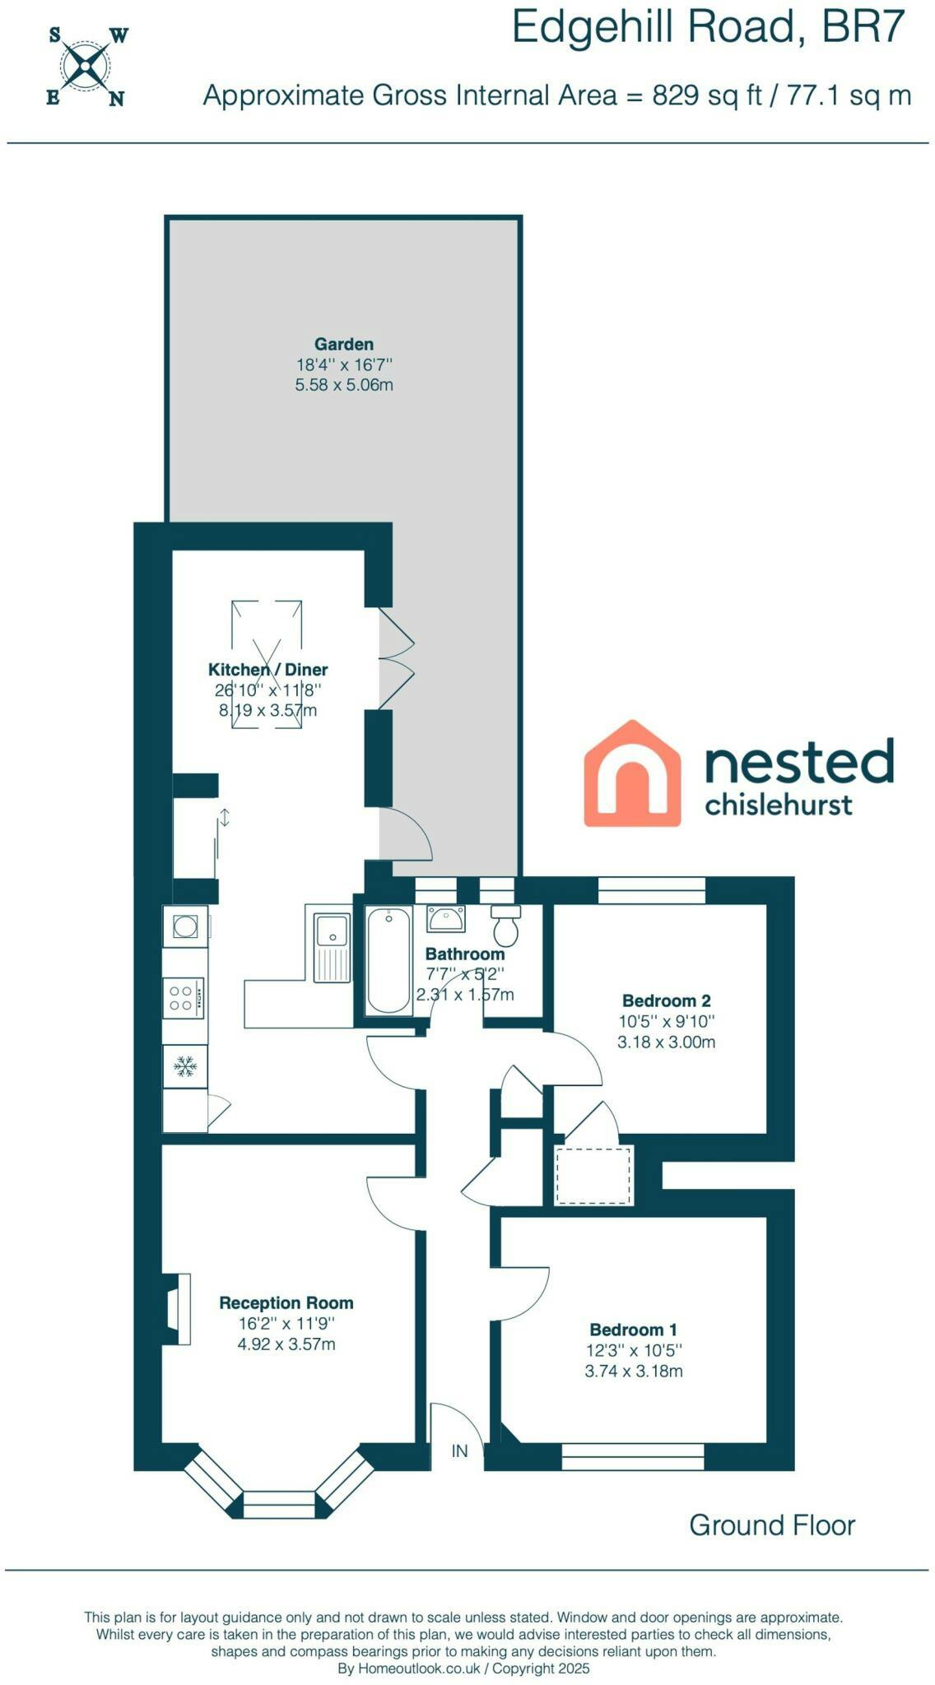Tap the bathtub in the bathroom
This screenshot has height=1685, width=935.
coord(388,960)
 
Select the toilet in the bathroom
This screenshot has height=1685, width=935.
coord(505,925)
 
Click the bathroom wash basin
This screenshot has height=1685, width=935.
coord(446,918)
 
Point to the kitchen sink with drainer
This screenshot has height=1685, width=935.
coord(332,948)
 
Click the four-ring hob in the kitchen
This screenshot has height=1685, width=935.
coord(184,997)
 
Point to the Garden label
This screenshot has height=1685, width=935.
coord(344,344)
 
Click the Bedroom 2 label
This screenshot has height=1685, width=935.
coord(666,1000)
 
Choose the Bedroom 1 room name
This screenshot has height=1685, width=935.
coord(633,1330)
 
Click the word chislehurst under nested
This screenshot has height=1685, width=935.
coord(779,804)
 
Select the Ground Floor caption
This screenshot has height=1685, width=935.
coord(772,1525)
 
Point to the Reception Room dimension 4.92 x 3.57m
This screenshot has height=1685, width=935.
coord(286,1344)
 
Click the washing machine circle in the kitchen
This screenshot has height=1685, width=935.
coord(184,926)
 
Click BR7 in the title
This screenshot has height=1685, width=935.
coord(863,27)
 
